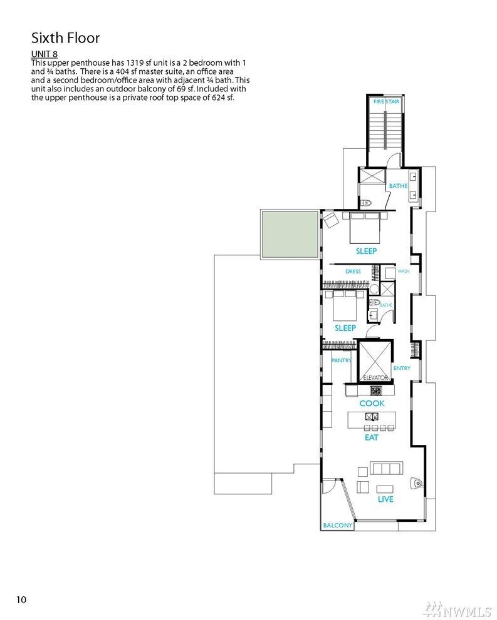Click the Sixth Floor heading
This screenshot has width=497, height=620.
pyautogui.click(x=65, y=38)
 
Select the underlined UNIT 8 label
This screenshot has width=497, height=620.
pyautogui.click(x=44, y=54)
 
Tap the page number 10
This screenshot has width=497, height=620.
pyautogui.click(x=21, y=600)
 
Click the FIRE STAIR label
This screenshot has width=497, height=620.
pyautogui.click(x=386, y=101)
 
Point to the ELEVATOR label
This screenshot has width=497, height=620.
pyautogui.click(x=376, y=378)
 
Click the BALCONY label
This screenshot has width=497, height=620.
pyautogui.click(x=338, y=525)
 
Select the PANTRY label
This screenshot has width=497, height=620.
pyautogui.click(x=342, y=360)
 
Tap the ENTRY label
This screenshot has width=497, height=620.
pyautogui.click(x=402, y=368)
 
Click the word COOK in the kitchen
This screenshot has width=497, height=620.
pyautogui.click(x=372, y=404)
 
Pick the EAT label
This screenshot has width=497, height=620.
pyautogui.click(x=372, y=437)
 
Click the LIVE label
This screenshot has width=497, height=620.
pyautogui.click(x=385, y=499)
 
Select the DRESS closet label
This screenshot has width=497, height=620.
pyautogui.click(x=353, y=272)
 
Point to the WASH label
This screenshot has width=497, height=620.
pyautogui.click(x=404, y=271)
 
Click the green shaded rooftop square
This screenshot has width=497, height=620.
pyautogui.click(x=290, y=235)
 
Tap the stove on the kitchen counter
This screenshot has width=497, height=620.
pyautogui.click(x=376, y=390)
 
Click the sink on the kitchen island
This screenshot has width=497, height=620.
pyautogui.click(x=372, y=417)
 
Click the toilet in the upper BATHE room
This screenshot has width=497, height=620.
pyautogui.click(x=366, y=203)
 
